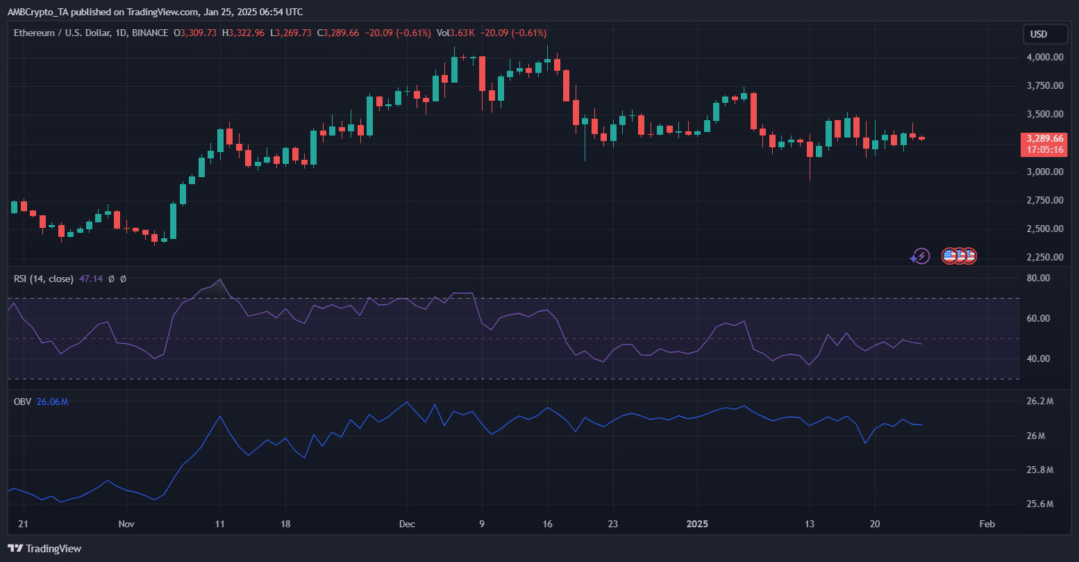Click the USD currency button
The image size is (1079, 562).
pyautogui.click(x=1039, y=34)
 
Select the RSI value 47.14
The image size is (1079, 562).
pyautogui.click(x=91, y=279)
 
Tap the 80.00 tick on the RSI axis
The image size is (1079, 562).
pyautogui.click(x=1038, y=279)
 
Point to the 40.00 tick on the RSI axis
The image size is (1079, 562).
pyautogui.click(x=1038, y=359)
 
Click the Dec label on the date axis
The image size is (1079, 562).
pyautogui.click(x=408, y=524)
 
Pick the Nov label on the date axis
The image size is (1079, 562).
pyautogui.click(x=126, y=524)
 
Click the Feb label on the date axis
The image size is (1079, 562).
pyautogui.click(x=987, y=524)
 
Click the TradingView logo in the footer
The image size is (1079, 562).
pyautogui.click(x=45, y=549)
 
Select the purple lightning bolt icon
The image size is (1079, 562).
pyautogui.click(x=921, y=256)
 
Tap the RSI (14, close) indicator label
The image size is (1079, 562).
pyautogui.click(x=44, y=279)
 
